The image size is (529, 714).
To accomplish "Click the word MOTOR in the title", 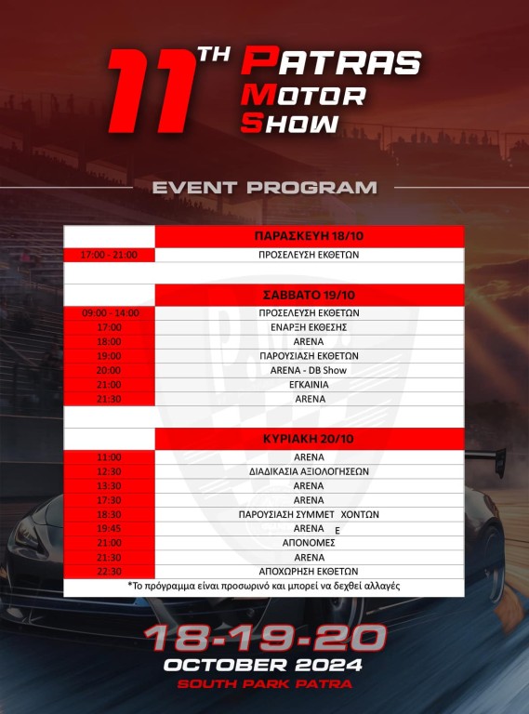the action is point(303,96).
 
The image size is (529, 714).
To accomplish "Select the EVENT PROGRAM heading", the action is point(264,188).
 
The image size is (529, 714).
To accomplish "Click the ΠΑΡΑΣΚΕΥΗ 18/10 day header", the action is point(309,236).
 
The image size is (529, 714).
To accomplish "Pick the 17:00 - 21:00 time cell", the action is point(109,255).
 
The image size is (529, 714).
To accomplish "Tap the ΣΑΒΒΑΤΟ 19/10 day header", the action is point(309,295).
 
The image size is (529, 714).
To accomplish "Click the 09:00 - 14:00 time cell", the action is point(111,313).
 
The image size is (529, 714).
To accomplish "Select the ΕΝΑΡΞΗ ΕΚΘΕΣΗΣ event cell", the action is point(309,327).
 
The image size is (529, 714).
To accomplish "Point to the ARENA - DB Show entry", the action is point(309,370).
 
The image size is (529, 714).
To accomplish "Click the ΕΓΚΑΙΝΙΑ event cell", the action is point(309,385).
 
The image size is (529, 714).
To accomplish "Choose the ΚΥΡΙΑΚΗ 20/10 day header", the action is point(309,439).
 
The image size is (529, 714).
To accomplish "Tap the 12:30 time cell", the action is point(110,471).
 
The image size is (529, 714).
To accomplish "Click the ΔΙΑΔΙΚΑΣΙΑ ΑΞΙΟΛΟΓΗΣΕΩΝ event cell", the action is point(309,471).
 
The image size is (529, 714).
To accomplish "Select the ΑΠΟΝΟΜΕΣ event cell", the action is point(309,543).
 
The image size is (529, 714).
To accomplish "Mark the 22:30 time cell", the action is point(110,572).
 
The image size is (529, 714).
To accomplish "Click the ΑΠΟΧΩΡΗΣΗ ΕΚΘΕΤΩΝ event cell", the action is point(309,572).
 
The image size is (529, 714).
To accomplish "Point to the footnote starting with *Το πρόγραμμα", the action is point(264,586).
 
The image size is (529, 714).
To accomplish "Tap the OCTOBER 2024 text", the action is point(263,665).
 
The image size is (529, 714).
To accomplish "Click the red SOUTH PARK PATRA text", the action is point(264,684).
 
